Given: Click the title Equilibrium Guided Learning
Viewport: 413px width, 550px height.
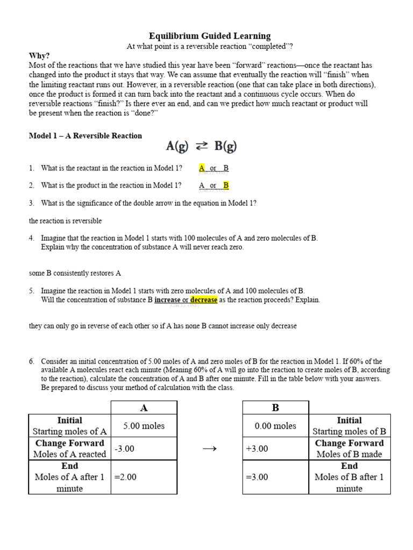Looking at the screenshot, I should pyautogui.click(x=210, y=36).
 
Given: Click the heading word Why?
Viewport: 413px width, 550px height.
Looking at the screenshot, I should pyautogui.click(x=39, y=56).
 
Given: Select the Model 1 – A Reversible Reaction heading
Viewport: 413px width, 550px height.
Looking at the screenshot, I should pyautogui.click(x=86, y=136).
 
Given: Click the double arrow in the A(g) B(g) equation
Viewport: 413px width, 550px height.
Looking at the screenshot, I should pyautogui.click(x=202, y=146).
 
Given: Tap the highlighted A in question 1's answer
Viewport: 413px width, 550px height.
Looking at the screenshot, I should pyautogui.click(x=202, y=168).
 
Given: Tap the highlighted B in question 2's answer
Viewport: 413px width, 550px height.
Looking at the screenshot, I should pyautogui.click(x=226, y=185).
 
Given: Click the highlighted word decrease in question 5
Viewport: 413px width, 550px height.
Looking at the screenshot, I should pyautogui.click(x=204, y=300).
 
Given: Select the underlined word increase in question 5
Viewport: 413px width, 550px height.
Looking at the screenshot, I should pyautogui.click(x=167, y=300).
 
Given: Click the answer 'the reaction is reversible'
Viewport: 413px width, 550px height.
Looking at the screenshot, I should pyautogui.click(x=65, y=221).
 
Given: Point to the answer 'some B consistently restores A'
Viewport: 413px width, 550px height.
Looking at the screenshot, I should pyautogui.click(x=75, y=273).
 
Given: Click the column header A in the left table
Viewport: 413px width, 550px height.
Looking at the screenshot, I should pyautogui.click(x=144, y=408).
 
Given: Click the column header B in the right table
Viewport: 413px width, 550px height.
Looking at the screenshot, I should pyautogui.click(x=275, y=408).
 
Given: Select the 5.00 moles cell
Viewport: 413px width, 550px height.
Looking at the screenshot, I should pyautogui.click(x=144, y=426).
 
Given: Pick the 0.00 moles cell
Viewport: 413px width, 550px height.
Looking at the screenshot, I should pyautogui.click(x=275, y=426).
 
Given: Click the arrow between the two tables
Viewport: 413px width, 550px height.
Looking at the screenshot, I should pyautogui.click(x=209, y=449).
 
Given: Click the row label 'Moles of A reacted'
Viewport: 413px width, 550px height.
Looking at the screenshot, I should pyautogui.click(x=69, y=454).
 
